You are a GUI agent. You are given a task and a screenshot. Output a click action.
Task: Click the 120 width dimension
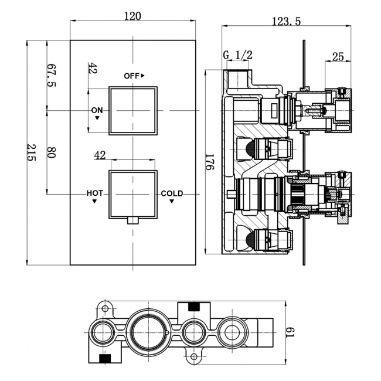coord(132,16)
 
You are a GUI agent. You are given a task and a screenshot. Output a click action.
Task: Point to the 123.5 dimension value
coord(286,21)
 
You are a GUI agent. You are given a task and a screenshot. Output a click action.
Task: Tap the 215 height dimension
coord(31,152)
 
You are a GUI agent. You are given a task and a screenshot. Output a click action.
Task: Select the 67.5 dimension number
coord(51,75)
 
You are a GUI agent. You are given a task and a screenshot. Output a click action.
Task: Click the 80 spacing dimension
coord(51,152)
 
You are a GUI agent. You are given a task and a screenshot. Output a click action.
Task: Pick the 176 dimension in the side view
coord(210,162)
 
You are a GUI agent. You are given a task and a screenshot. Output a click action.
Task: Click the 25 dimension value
coord(338,57)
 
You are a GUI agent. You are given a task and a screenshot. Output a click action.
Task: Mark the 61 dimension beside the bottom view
coord(290,332)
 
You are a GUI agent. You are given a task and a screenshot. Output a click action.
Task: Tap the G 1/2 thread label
coord(237,55)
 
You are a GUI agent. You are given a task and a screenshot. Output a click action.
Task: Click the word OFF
coord(131,76)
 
